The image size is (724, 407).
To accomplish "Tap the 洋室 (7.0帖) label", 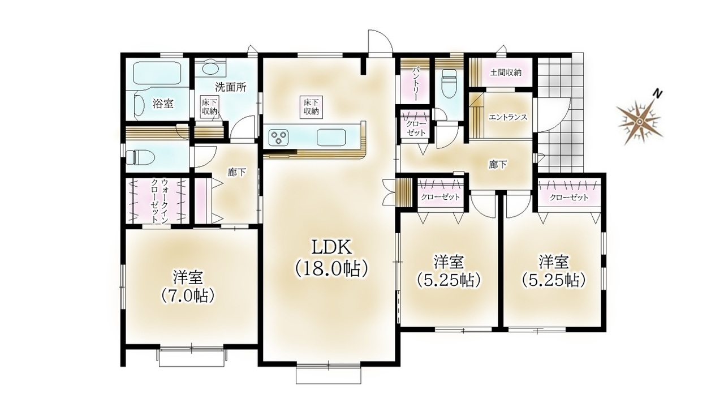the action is coord(188,286).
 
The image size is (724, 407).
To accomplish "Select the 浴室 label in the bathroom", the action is coord(163,104).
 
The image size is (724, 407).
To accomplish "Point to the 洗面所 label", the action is coord(231,87).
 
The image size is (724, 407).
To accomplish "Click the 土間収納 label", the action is coord(506,72).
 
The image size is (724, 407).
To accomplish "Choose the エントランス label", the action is coord(508,117).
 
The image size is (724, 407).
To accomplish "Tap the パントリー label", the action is coord(416,83).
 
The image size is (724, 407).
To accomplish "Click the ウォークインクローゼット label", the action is coord(160,200).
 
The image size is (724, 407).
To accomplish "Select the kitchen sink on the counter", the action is coord(331,137).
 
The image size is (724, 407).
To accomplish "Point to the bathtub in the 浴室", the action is coord(157,73).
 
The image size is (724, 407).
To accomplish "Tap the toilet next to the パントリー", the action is coord(448,83).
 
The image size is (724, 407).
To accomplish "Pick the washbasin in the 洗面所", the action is coord(210,68).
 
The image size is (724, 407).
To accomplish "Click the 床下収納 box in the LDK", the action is coord(311,107).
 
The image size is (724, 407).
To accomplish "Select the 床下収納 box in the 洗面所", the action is coord(209,108).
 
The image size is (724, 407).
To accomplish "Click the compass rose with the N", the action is coord(639,119).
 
